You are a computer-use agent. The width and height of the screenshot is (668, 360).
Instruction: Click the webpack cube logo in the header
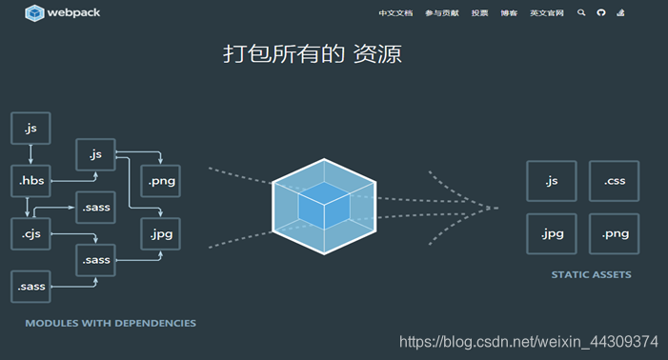(x=35, y=13)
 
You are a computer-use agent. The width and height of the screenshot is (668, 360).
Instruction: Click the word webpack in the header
(x=75, y=13)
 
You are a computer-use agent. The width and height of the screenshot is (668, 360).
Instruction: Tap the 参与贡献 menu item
(x=441, y=13)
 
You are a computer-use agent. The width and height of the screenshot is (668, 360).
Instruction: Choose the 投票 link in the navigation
(x=479, y=13)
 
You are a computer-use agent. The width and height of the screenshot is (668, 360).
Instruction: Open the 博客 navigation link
(x=509, y=13)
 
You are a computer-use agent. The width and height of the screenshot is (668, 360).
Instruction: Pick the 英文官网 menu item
(x=547, y=13)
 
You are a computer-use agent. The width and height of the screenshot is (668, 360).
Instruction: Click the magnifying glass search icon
(x=581, y=13)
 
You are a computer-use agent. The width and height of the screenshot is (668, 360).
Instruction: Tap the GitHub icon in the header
(x=601, y=13)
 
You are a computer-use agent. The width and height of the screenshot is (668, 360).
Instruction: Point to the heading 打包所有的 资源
(x=313, y=54)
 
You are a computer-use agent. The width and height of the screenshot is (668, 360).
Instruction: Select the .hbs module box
(x=30, y=180)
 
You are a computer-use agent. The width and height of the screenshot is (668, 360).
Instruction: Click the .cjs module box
(x=30, y=232)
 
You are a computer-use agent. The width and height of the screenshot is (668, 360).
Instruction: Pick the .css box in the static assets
(x=614, y=181)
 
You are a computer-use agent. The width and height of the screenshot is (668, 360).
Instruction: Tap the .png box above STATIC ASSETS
(x=614, y=234)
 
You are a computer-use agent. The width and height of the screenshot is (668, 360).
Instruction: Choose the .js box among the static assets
(x=551, y=181)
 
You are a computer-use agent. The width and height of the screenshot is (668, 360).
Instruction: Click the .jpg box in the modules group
(x=159, y=232)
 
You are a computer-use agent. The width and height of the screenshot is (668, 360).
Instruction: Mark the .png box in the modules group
(x=159, y=180)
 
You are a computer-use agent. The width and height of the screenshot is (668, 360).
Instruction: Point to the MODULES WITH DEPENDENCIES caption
(x=111, y=323)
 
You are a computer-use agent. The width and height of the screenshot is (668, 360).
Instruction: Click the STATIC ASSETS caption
(x=591, y=275)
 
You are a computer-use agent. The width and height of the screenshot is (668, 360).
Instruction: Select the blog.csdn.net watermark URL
(x=528, y=341)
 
